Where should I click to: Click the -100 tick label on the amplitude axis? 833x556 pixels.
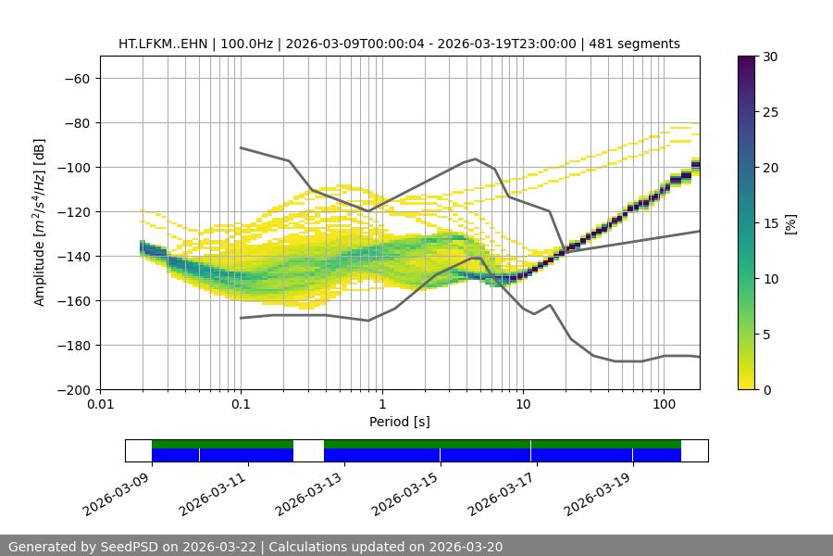[x=75, y=168]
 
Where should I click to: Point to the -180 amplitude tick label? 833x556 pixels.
[x=75, y=346]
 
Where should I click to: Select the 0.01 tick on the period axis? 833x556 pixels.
[x=100, y=404]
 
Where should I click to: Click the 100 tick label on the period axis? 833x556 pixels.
[x=663, y=404]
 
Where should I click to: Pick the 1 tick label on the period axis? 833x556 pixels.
[x=381, y=404]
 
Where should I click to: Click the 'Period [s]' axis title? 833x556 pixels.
[x=399, y=422]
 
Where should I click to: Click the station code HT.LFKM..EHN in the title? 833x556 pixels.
[x=164, y=44]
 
